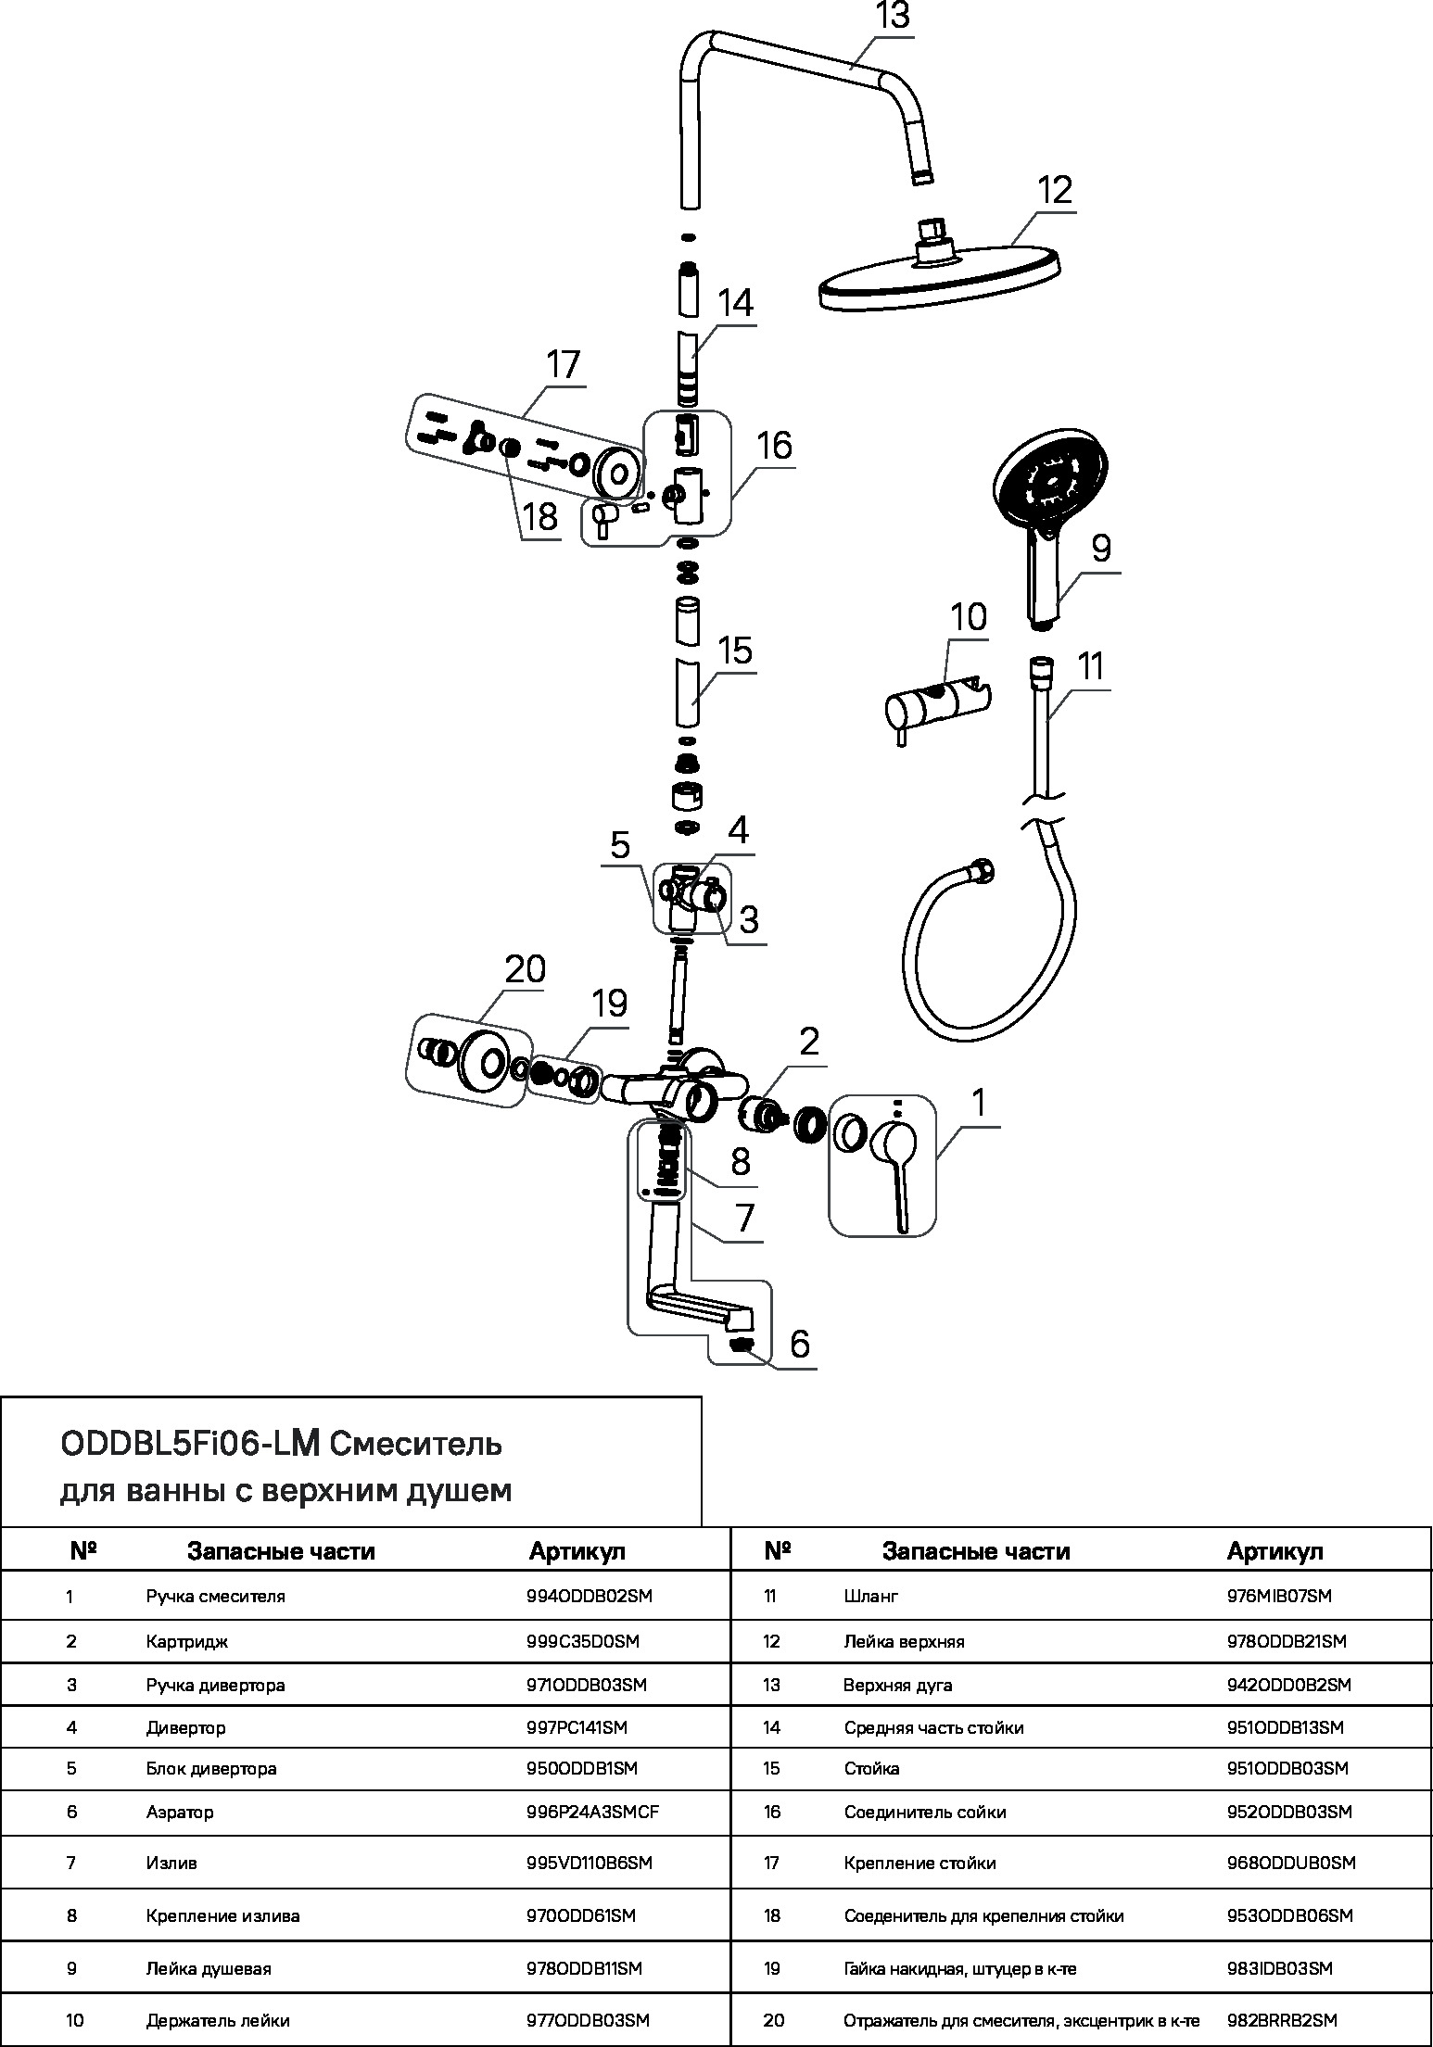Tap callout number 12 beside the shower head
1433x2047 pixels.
(x=1054, y=191)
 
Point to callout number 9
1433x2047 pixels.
(x=1099, y=550)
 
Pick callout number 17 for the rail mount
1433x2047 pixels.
(x=562, y=364)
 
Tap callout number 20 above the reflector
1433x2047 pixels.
(x=525, y=970)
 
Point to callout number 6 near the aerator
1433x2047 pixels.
(x=799, y=1344)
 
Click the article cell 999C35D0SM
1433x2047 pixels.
(x=582, y=1641)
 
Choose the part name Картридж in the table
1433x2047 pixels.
(x=186, y=1641)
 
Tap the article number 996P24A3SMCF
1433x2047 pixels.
(x=592, y=1812)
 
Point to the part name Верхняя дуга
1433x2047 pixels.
(x=897, y=1685)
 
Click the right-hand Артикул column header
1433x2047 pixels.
(x=1274, y=1551)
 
